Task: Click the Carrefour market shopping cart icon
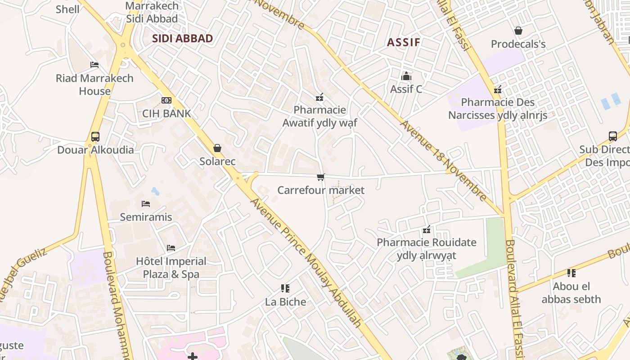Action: click(320, 177)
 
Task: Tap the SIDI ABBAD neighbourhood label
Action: click(182, 38)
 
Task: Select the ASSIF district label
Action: click(404, 42)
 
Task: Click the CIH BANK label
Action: click(166, 113)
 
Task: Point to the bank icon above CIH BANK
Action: click(166, 100)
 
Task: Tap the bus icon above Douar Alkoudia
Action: click(95, 136)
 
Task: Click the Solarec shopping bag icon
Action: click(217, 148)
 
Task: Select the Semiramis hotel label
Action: click(146, 217)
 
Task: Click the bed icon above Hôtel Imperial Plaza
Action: click(171, 248)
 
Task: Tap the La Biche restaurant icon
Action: click(285, 288)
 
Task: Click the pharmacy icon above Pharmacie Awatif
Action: click(319, 97)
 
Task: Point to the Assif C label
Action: click(406, 89)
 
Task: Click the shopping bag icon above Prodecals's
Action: click(518, 31)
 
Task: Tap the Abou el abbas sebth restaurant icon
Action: click(571, 273)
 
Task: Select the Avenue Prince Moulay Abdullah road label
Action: click(306, 263)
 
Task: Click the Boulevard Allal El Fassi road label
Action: click(513, 297)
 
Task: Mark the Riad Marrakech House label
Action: click(94, 84)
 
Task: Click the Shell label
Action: click(67, 9)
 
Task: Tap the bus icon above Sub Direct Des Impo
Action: click(612, 136)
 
